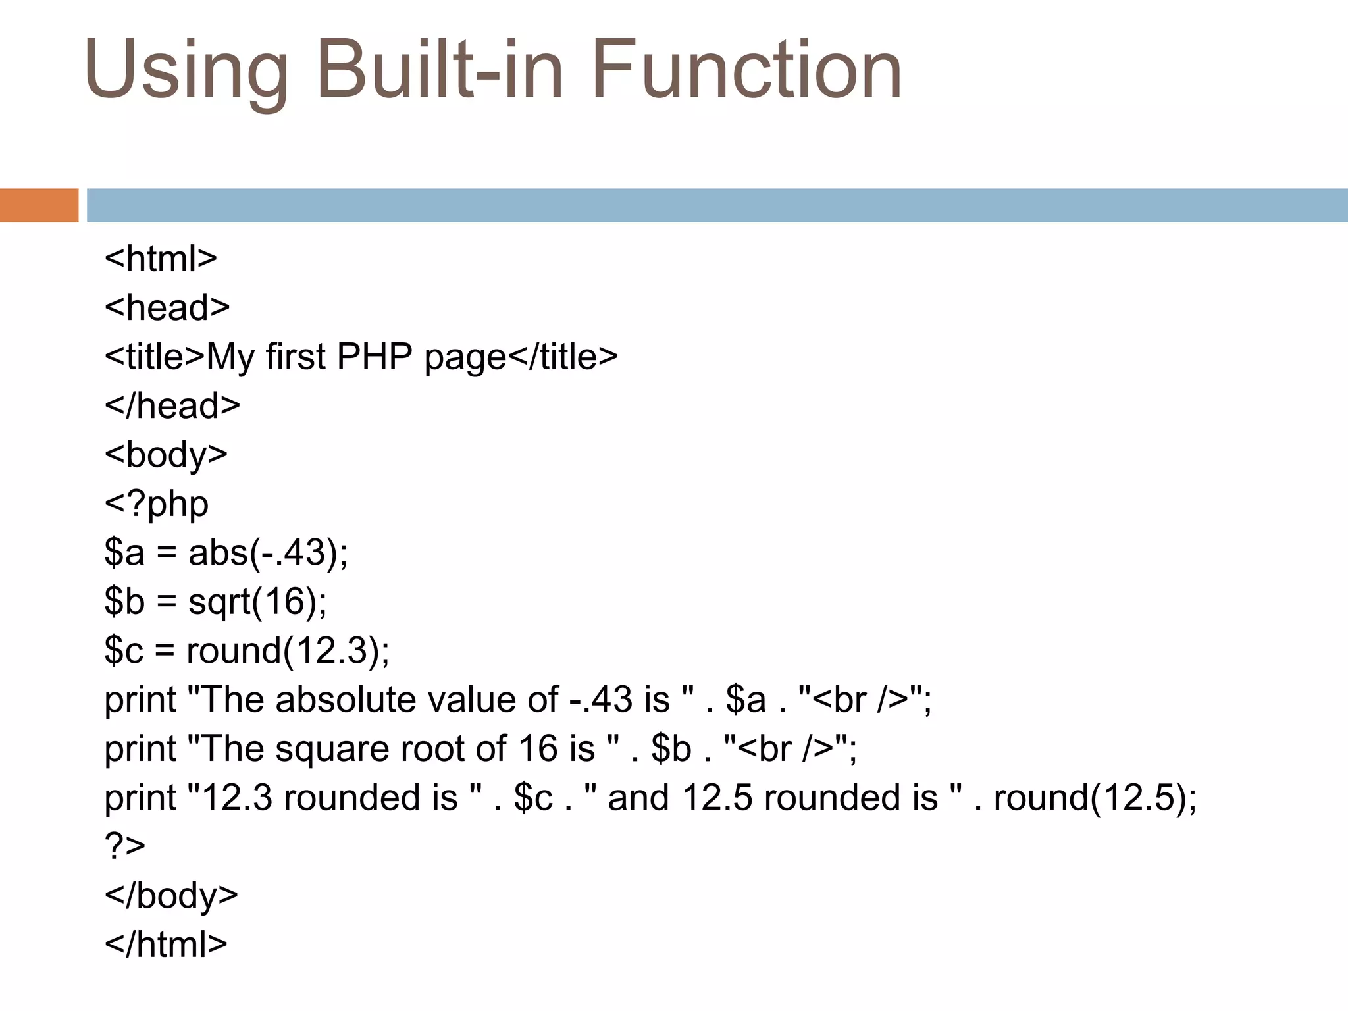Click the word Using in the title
point(186,71)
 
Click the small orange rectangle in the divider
point(39,205)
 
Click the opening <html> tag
point(161,259)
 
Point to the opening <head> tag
point(167,308)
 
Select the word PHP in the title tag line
point(374,357)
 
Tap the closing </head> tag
point(172,405)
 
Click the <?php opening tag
point(157,504)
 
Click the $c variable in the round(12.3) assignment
point(124,650)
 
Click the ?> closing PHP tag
point(125,846)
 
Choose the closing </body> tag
point(171,896)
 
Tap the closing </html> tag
point(166,945)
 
